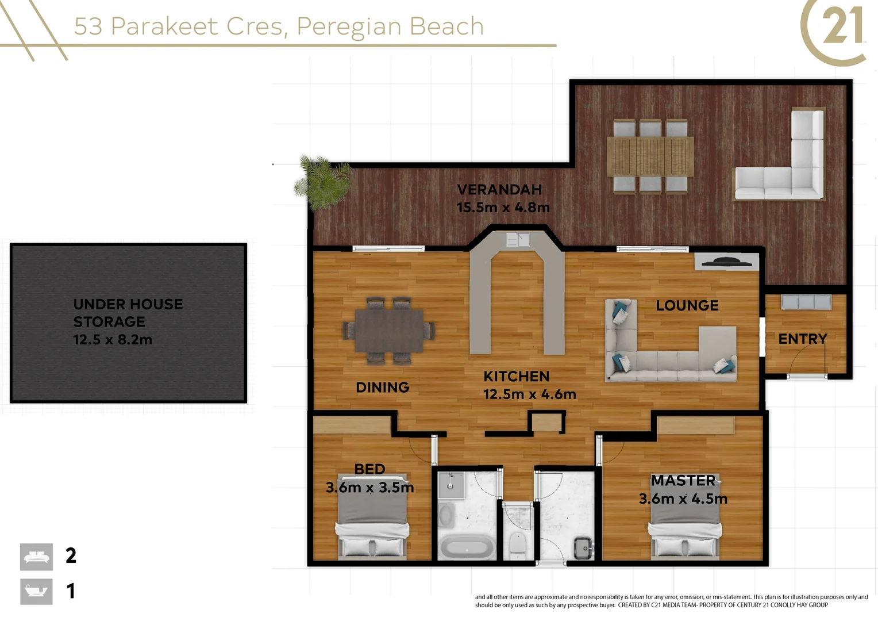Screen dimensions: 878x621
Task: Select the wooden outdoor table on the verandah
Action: tap(650, 156)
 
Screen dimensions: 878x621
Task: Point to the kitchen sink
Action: tap(518, 239)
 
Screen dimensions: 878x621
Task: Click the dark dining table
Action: tap(389, 331)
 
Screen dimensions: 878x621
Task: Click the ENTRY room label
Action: tap(803, 339)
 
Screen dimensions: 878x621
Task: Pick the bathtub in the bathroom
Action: tap(467, 547)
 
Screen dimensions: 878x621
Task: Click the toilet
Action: tap(517, 546)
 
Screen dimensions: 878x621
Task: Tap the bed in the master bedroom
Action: tap(685, 518)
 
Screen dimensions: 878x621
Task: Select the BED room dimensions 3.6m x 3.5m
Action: tap(369, 487)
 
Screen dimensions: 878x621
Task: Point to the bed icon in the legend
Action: tap(36, 557)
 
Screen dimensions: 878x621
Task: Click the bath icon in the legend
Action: tap(36, 592)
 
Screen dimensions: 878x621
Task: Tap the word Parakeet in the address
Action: tap(164, 26)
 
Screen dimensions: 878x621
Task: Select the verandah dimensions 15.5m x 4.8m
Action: tap(503, 207)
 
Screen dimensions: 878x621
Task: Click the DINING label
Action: tap(383, 387)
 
